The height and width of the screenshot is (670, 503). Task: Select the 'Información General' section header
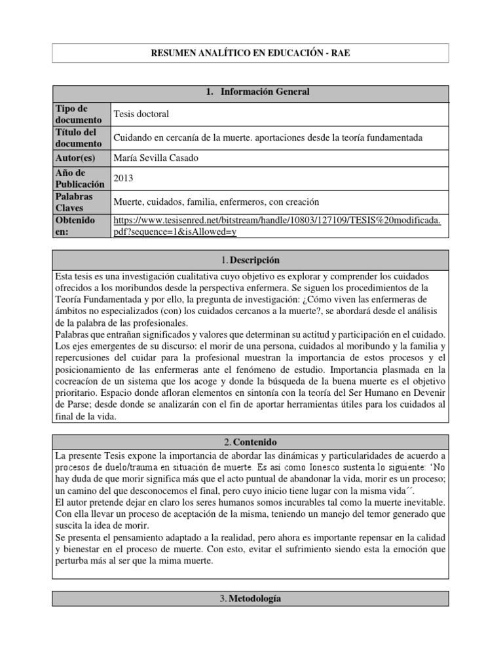(x=251, y=92)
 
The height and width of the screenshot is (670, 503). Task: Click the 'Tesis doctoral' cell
(x=141, y=114)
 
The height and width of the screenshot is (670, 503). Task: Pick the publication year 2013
(x=124, y=178)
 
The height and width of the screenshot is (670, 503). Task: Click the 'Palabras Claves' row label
(x=75, y=202)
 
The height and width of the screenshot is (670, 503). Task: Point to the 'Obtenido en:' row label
(x=74, y=226)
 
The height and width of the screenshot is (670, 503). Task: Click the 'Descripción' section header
(x=251, y=260)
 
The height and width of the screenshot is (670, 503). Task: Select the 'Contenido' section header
(x=251, y=442)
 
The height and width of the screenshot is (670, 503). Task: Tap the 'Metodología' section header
(x=251, y=599)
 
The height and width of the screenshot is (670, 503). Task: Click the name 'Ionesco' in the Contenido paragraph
(x=301, y=468)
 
